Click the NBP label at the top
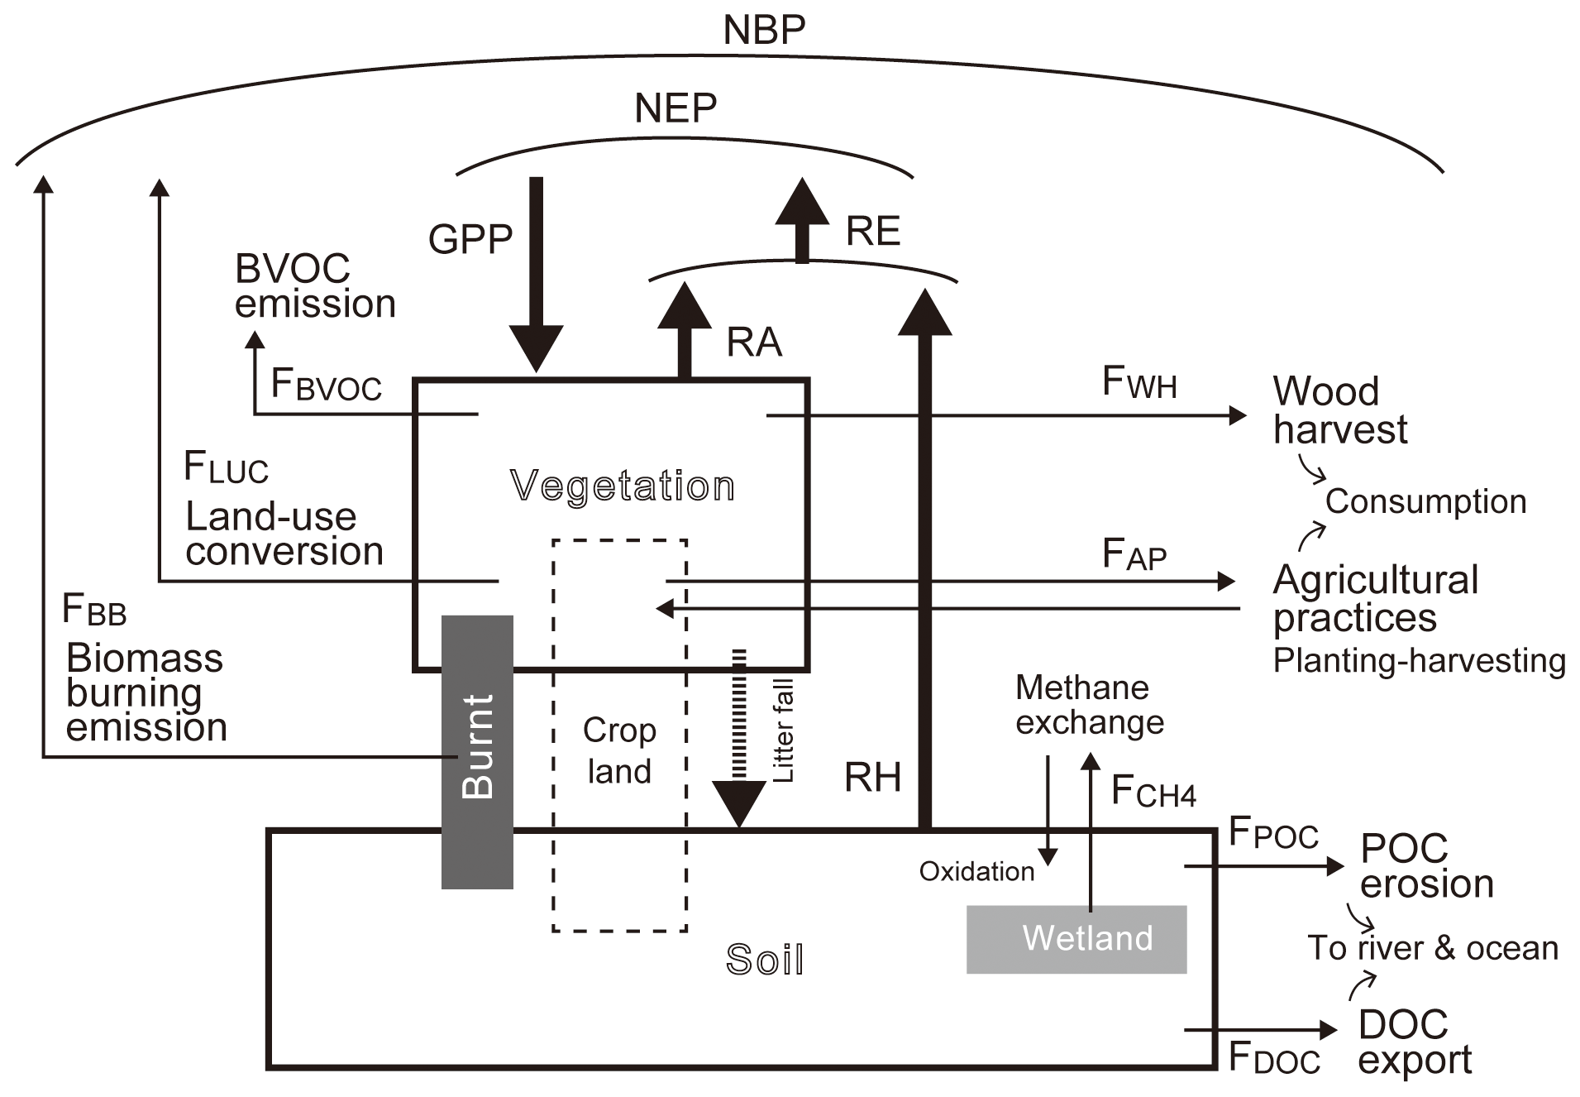763,31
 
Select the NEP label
675,108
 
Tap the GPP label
470,239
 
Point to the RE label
872,231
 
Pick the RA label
753,343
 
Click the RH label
871,778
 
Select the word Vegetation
622,486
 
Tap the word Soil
764,960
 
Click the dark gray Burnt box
477,751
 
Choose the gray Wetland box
1076,939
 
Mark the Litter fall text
782,730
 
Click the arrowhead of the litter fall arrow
738,802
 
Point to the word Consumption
1425,501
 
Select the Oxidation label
976,871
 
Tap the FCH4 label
1153,792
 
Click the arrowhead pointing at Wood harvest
1237,414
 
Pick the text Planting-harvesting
1419,660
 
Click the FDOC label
1273,1058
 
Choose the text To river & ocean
1432,948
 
